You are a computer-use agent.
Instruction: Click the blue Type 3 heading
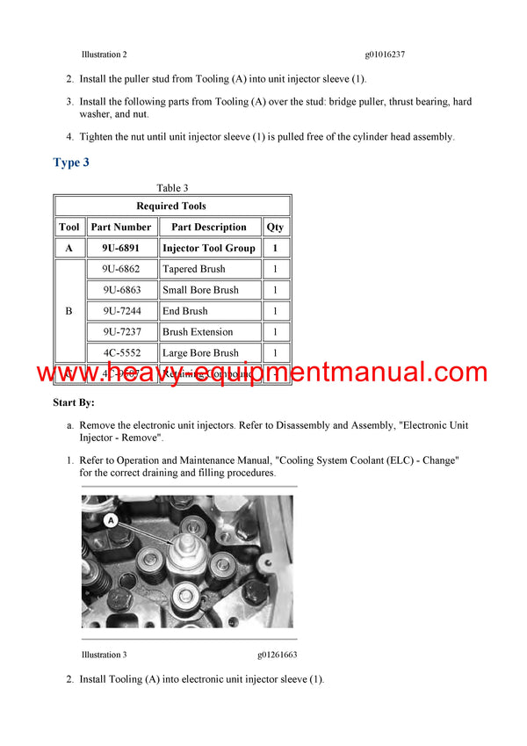(x=71, y=163)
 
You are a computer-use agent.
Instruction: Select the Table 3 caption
(x=172, y=188)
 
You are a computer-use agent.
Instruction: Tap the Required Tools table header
(x=171, y=206)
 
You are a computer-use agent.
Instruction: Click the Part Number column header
(x=121, y=227)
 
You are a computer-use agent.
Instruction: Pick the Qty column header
(x=275, y=227)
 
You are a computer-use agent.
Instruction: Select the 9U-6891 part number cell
(x=121, y=248)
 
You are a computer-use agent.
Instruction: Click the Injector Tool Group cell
(x=209, y=248)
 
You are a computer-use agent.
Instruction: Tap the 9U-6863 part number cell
(x=121, y=290)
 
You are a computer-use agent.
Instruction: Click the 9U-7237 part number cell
(x=121, y=332)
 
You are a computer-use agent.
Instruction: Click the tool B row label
(x=69, y=311)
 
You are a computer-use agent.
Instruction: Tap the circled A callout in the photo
(x=112, y=520)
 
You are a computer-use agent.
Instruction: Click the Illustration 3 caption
(x=105, y=655)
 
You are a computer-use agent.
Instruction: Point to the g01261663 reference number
(x=278, y=655)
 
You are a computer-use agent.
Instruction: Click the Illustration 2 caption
(x=105, y=54)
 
